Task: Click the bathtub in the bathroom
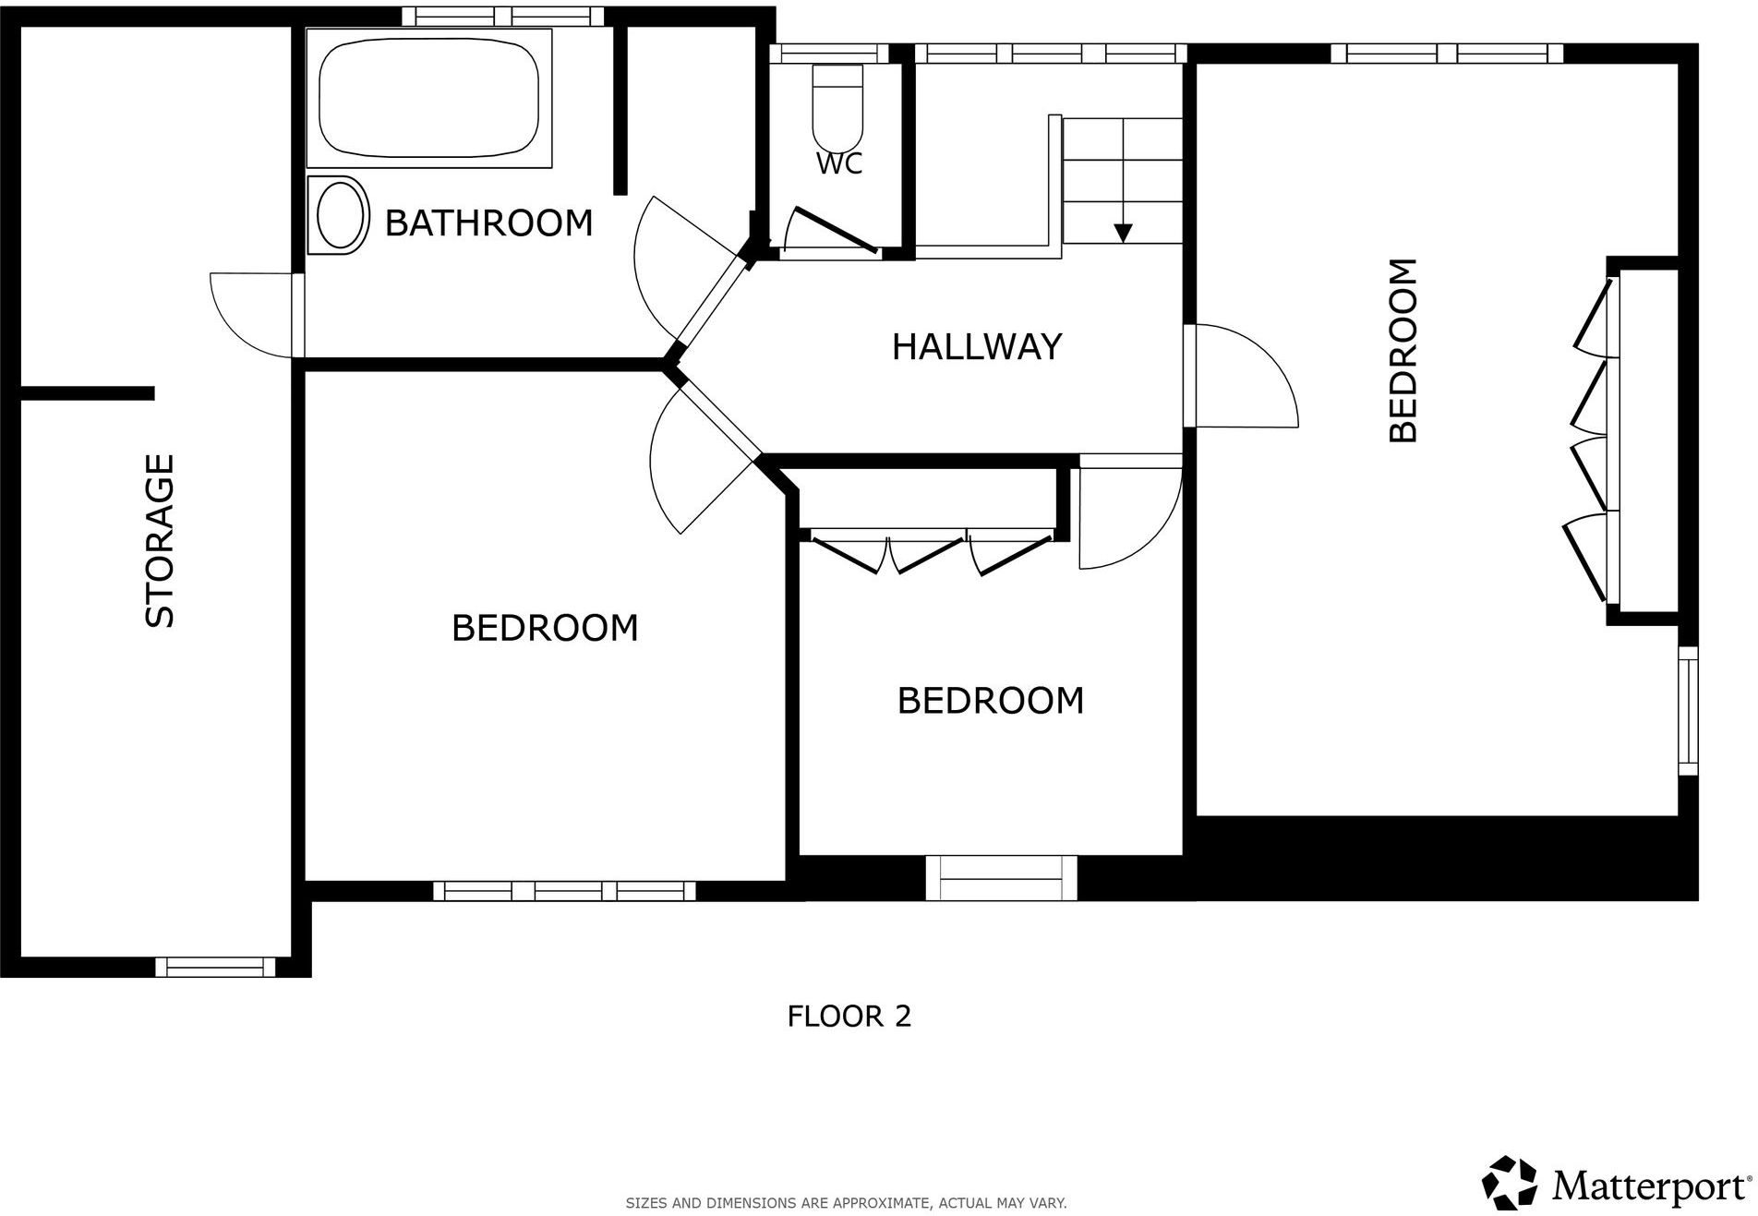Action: tap(428, 97)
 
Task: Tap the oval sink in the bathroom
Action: tap(339, 215)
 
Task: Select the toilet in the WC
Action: tap(837, 107)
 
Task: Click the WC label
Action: tap(839, 164)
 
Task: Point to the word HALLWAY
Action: tap(976, 347)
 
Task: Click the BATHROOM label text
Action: tap(488, 223)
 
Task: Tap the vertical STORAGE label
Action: tap(160, 540)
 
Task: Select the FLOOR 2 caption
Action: tap(849, 1017)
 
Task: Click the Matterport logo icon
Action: tap(1509, 1183)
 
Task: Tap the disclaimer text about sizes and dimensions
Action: tap(846, 1203)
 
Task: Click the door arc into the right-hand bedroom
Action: tap(1246, 379)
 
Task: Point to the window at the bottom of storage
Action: tap(215, 967)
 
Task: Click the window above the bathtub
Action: tap(502, 17)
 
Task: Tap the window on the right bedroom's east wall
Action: tap(1688, 710)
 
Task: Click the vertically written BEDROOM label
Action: tap(1403, 351)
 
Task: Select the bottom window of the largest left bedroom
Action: tap(564, 891)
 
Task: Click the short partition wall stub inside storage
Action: tap(87, 393)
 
